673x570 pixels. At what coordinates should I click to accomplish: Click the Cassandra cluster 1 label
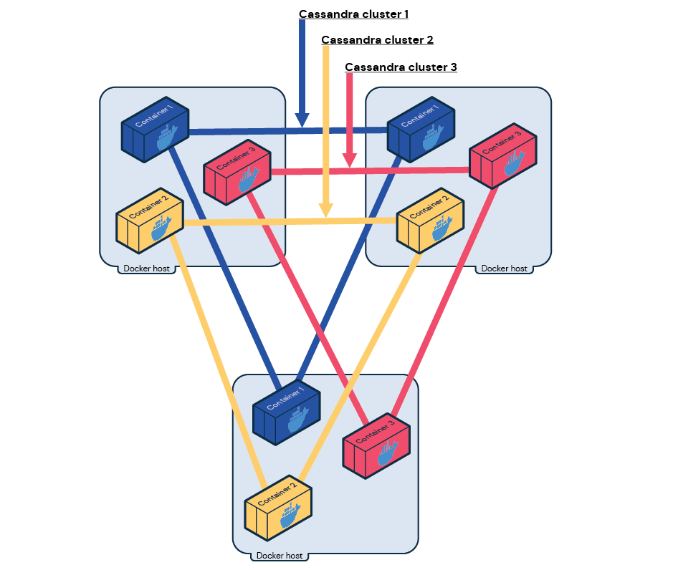tap(353, 14)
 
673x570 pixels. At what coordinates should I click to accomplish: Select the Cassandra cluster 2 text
tap(377, 40)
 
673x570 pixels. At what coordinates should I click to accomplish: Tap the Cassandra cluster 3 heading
tap(401, 67)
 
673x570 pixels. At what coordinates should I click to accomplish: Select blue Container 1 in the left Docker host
tap(155, 129)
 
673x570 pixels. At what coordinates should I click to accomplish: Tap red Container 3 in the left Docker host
tap(237, 170)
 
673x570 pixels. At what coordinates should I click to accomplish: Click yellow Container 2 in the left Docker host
tap(150, 220)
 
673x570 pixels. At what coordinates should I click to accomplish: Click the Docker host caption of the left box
tap(146, 269)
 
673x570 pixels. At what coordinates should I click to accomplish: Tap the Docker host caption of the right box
tap(504, 269)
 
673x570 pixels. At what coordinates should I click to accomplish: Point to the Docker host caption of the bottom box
tap(280, 556)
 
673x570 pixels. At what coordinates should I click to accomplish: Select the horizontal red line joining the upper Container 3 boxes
tap(370, 171)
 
